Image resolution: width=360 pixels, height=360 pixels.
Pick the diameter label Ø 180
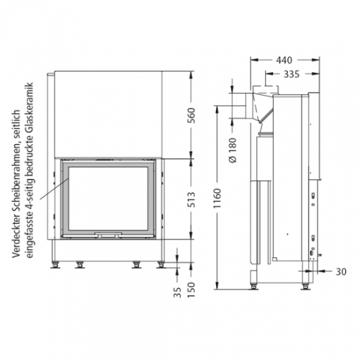pos(233,153)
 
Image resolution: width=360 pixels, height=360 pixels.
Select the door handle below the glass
pos(110,234)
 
